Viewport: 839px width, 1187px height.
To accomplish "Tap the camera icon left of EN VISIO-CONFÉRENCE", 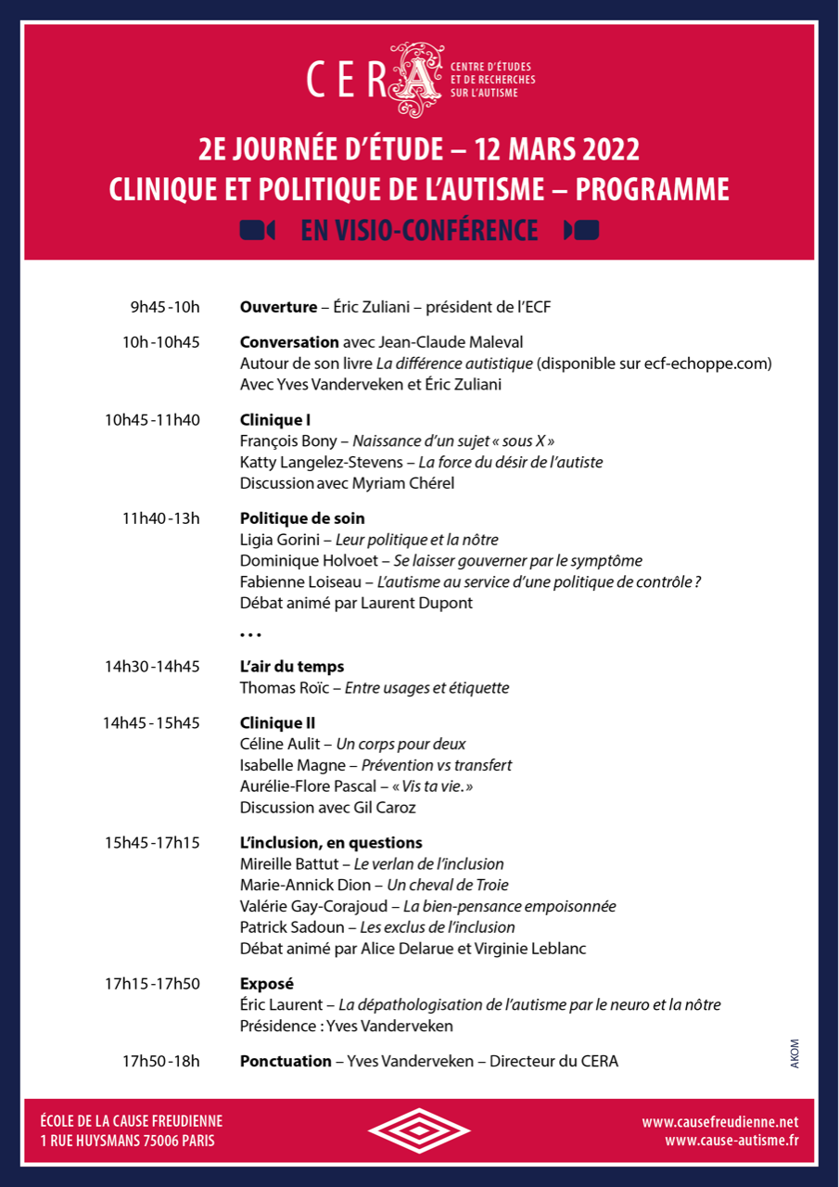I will click(257, 230).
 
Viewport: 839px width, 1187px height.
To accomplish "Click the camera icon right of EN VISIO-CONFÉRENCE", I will click(581, 230).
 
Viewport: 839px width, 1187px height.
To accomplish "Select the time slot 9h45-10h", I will click(165, 307).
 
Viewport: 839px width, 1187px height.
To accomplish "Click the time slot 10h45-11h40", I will click(152, 420).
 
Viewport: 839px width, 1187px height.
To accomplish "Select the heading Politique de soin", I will click(302, 518).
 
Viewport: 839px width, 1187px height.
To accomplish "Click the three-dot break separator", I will click(250, 635).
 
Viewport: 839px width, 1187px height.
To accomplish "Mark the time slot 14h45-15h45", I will click(151, 722).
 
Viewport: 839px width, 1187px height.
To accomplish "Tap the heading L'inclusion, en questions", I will click(331, 843).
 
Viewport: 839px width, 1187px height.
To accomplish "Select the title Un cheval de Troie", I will click(448, 885).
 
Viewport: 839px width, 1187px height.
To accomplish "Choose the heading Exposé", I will click(266, 984).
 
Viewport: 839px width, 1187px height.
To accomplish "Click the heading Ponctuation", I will click(286, 1061).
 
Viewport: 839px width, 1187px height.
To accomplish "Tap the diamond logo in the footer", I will click(420, 1130).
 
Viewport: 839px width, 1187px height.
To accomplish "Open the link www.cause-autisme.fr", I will click(731, 1141).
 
